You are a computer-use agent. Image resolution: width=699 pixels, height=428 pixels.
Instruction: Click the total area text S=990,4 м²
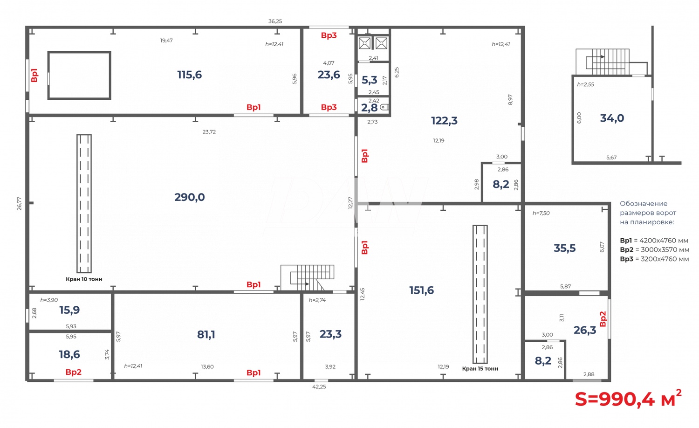tap(628, 399)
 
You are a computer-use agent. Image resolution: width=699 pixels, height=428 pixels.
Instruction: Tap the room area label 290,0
tap(190, 197)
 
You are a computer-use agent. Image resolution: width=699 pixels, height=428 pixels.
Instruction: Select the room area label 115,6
tap(189, 75)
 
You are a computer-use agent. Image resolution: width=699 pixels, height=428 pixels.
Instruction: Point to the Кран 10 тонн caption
tap(84, 279)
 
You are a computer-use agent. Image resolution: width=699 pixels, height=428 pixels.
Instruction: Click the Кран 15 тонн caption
tap(480, 369)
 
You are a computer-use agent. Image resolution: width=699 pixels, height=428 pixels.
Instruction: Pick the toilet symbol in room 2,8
tap(384, 108)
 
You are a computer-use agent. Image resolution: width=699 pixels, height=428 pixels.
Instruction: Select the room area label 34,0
tap(612, 118)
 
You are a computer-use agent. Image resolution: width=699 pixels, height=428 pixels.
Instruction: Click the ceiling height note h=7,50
tap(541, 213)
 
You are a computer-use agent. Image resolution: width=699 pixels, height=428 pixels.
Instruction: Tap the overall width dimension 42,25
tap(319, 387)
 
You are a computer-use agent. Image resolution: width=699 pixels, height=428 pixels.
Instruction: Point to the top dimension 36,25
tap(275, 21)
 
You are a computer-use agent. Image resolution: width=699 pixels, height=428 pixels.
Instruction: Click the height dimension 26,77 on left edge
tap(20, 203)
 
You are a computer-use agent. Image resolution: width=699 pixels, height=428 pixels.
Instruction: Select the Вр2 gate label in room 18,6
tap(74, 372)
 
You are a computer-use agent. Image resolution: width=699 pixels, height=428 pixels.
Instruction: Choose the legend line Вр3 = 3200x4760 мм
tap(654, 259)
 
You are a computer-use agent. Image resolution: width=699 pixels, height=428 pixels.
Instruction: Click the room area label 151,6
tap(421, 290)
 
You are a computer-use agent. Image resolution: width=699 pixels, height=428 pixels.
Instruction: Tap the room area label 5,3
tap(370, 80)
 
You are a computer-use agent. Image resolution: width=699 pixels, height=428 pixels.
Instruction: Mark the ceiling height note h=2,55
tap(585, 85)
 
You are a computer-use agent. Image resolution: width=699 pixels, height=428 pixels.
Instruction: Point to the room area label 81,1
tap(206, 334)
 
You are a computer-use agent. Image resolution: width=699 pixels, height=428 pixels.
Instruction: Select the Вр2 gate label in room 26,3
tap(603, 319)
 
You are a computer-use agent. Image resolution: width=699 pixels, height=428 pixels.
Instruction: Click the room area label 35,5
tap(564, 249)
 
